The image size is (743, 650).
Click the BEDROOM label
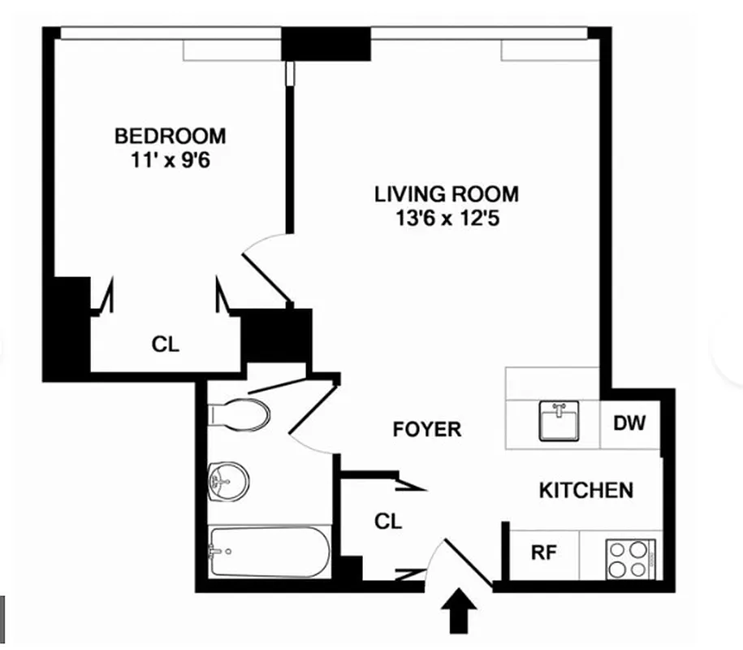170,135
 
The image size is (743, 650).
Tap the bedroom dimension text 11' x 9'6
170,160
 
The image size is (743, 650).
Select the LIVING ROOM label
446,195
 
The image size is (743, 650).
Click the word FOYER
426,429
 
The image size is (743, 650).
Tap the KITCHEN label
586,490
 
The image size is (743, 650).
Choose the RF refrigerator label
542,552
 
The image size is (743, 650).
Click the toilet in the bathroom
241,414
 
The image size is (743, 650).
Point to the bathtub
269,552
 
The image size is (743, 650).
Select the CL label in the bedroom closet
166,344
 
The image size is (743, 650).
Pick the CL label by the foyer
388,521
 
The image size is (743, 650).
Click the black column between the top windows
326,45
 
